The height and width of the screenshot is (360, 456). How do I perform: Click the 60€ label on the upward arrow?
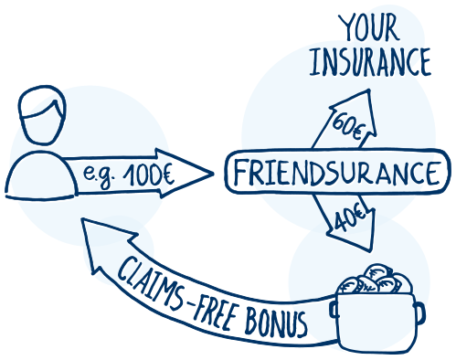click(345, 122)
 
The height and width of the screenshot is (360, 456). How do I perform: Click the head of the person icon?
click(41, 117)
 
